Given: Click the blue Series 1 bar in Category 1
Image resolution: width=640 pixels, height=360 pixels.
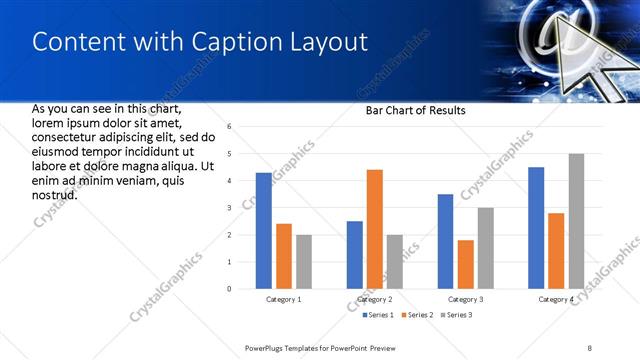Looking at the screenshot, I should (264, 231).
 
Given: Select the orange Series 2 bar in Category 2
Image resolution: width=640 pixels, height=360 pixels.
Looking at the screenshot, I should (375, 229).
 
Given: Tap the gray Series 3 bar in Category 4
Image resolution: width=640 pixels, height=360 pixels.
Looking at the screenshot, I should (576, 221).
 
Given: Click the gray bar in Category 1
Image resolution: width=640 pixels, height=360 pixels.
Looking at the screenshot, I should (304, 262).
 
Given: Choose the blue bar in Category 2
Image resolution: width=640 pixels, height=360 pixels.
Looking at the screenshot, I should (355, 255).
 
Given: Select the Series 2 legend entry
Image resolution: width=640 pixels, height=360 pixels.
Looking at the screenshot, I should (417, 316).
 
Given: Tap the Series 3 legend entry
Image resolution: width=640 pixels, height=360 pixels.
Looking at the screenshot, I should (456, 316).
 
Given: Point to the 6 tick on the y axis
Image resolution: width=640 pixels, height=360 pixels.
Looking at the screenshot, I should (229, 127).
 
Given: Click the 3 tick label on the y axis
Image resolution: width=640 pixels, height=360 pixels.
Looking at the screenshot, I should (229, 208).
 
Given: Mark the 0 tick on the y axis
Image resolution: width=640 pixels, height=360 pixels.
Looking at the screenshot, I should (229, 289).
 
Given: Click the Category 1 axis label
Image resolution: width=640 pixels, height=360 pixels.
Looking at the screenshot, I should (284, 300).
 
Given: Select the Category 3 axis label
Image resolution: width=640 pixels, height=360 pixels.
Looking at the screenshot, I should (466, 300).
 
